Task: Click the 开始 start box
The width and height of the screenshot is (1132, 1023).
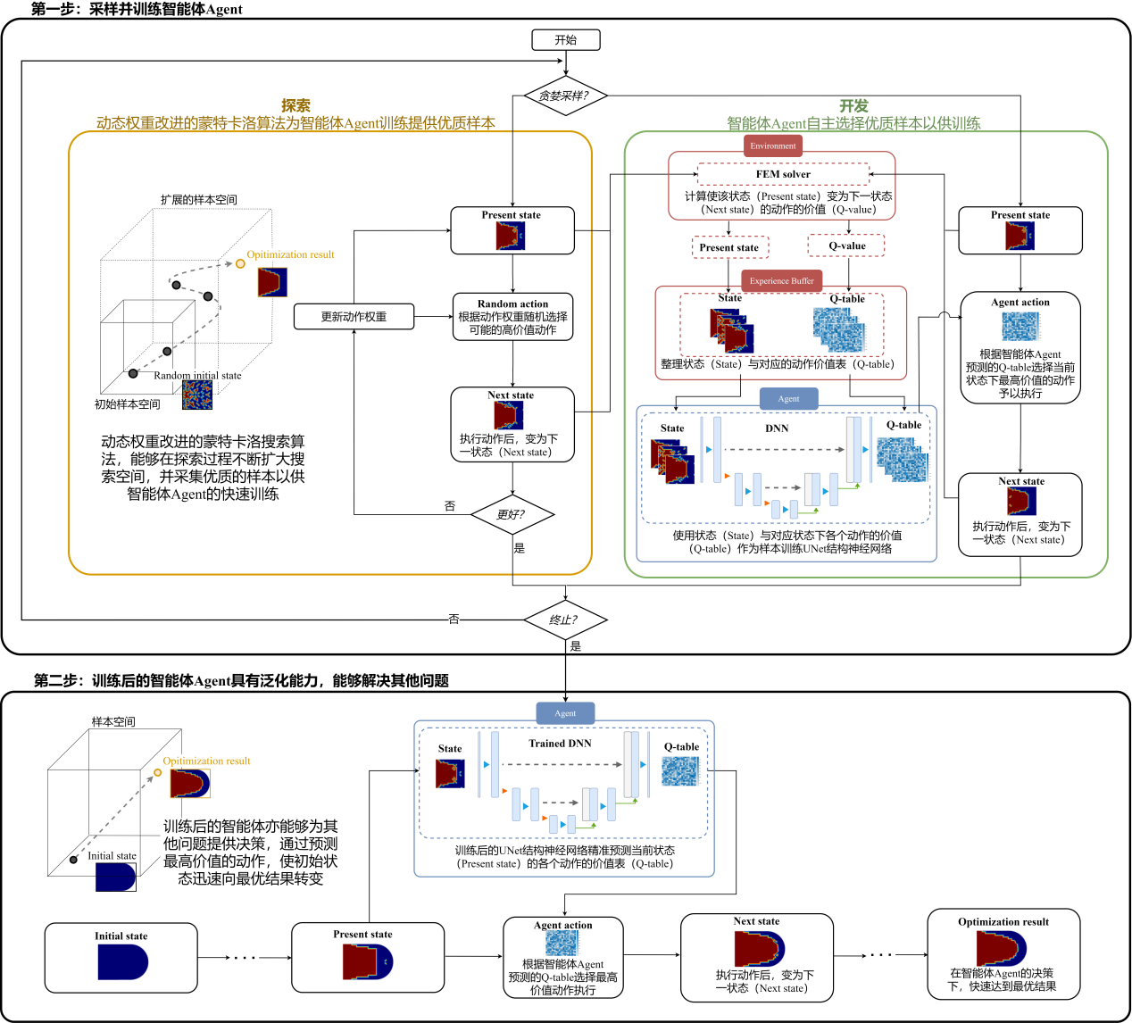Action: click(565, 40)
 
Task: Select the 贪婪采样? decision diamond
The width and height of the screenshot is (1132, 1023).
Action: click(564, 96)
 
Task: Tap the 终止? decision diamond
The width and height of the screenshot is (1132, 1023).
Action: click(564, 620)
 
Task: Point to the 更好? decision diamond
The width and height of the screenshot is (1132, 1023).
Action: click(512, 514)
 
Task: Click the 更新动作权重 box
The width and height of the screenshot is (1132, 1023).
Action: click(354, 317)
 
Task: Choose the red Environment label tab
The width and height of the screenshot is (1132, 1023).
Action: click(773, 146)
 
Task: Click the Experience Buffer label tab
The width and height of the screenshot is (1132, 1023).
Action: click(781, 281)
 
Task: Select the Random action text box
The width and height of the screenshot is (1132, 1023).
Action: click(512, 317)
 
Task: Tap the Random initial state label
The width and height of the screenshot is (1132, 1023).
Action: click(197, 376)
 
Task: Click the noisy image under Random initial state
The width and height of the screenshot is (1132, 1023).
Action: click(197, 395)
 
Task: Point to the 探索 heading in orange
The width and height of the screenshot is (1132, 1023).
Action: click(295, 105)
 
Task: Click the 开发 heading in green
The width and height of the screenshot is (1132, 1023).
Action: click(853, 106)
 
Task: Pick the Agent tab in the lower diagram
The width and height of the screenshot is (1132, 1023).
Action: click(565, 713)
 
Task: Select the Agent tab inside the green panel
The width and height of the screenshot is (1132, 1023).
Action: click(788, 399)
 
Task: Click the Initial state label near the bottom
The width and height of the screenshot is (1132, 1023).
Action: click(112, 855)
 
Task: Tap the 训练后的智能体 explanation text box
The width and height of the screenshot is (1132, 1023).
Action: click(251, 852)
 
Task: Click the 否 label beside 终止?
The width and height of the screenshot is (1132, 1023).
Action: click(454, 619)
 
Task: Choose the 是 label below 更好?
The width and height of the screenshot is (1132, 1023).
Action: click(520, 548)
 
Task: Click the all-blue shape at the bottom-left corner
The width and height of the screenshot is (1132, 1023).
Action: click(123, 962)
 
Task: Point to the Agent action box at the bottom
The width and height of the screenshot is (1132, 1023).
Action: click(562, 958)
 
